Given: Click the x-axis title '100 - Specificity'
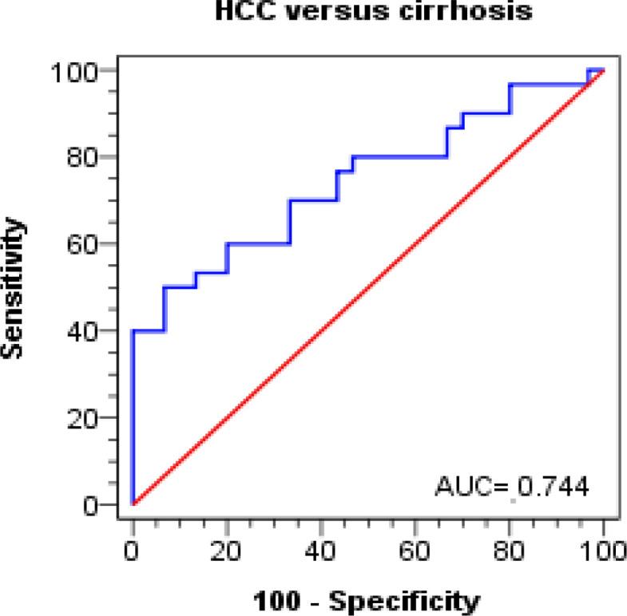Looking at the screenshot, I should (368, 599).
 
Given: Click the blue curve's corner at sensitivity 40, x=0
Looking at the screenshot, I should (133, 331).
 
